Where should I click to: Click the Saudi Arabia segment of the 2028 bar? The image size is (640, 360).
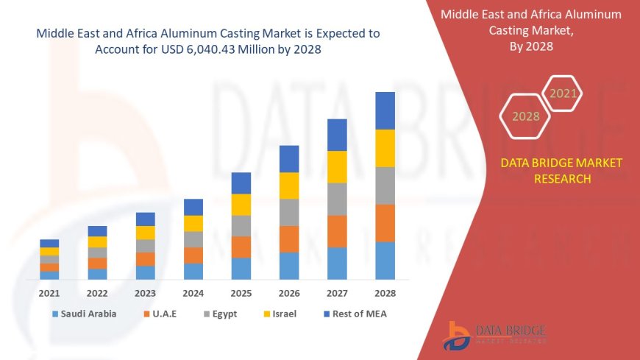[385, 261]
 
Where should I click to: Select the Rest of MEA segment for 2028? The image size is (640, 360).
[385, 110]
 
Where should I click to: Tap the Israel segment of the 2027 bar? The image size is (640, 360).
[337, 166]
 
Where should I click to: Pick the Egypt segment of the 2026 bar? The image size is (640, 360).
[289, 212]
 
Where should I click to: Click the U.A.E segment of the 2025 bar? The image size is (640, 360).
[241, 247]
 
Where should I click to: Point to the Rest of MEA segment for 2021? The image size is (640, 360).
[49, 243]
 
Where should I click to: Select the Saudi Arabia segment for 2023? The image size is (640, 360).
[146, 272]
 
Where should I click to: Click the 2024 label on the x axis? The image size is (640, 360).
[193, 293]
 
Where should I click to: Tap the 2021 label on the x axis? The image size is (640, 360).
[49, 293]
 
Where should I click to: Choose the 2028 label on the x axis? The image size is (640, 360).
[385, 293]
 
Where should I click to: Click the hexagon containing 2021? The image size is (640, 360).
[563, 93]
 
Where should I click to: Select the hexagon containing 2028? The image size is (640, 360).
[525, 116]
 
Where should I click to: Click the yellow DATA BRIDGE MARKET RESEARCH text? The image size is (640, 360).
[561, 171]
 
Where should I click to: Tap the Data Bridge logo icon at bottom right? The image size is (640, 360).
[457, 336]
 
